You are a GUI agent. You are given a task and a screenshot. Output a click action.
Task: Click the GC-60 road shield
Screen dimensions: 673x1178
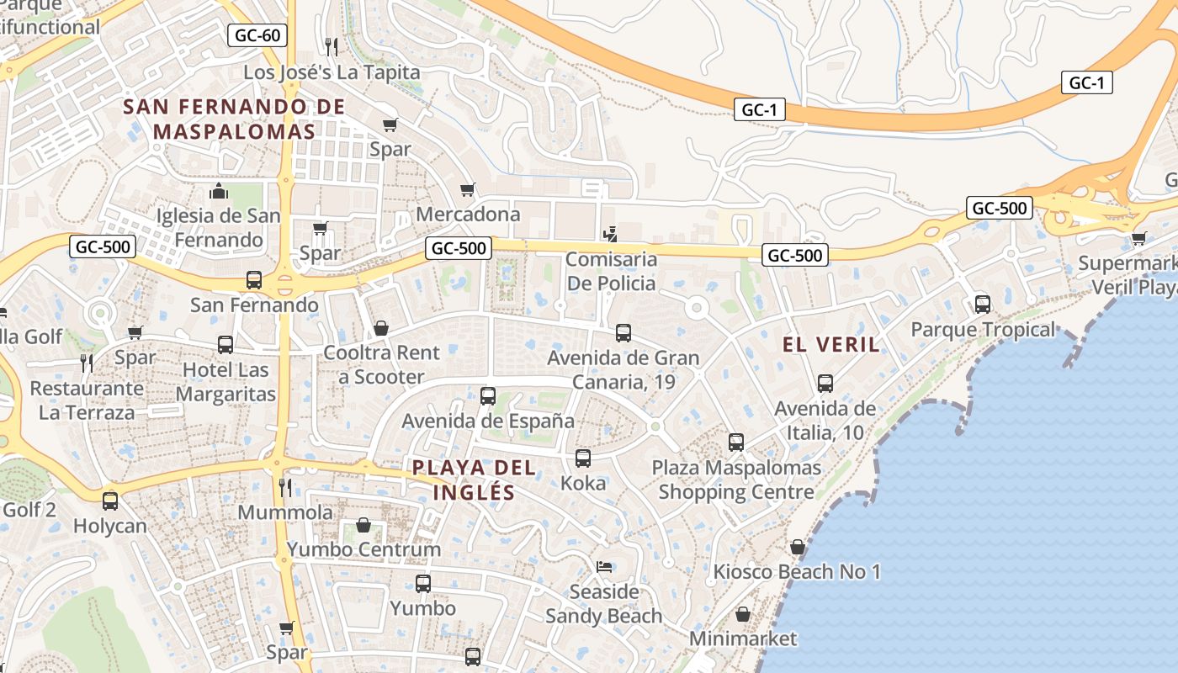click(257, 35)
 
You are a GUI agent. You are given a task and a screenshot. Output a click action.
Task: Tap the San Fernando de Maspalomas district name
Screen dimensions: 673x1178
click(234, 119)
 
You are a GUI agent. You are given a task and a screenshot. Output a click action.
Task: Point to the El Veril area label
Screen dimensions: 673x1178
click(831, 344)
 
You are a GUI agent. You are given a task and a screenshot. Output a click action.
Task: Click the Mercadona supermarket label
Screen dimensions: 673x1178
click(468, 215)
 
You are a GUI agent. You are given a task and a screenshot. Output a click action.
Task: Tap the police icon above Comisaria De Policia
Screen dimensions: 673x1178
click(612, 234)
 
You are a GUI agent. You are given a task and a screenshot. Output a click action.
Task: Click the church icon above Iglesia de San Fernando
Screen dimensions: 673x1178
click(219, 191)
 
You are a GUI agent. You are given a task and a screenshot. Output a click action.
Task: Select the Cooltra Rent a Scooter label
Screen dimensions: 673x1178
click(381, 364)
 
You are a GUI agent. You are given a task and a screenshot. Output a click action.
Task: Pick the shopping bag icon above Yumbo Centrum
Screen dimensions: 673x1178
click(363, 525)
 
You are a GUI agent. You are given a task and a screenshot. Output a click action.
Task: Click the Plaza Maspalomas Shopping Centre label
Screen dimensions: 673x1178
click(736, 480)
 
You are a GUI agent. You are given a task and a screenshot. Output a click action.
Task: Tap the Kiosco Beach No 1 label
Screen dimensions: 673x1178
click(797, 572)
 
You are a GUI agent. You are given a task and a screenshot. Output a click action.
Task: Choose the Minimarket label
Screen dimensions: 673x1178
click(742, 639)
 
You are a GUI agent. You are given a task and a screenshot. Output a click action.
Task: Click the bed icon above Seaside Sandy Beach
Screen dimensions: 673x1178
click(604, 566)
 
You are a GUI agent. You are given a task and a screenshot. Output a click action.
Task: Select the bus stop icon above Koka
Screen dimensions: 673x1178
click(582, 458)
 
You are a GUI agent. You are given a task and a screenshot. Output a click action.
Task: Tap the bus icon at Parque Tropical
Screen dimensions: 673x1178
click(982, 305)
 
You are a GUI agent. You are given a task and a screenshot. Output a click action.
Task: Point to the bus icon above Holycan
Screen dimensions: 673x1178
click(110, 501)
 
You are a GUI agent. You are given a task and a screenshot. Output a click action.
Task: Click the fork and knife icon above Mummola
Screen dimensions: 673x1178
click(285, 487)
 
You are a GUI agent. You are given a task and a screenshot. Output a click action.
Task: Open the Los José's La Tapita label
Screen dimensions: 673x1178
click(332, 72)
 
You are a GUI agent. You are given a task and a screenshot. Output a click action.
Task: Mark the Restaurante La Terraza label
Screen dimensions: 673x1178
click(87, 400)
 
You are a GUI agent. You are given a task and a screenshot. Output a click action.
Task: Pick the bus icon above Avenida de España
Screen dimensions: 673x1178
click(488, 396)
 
